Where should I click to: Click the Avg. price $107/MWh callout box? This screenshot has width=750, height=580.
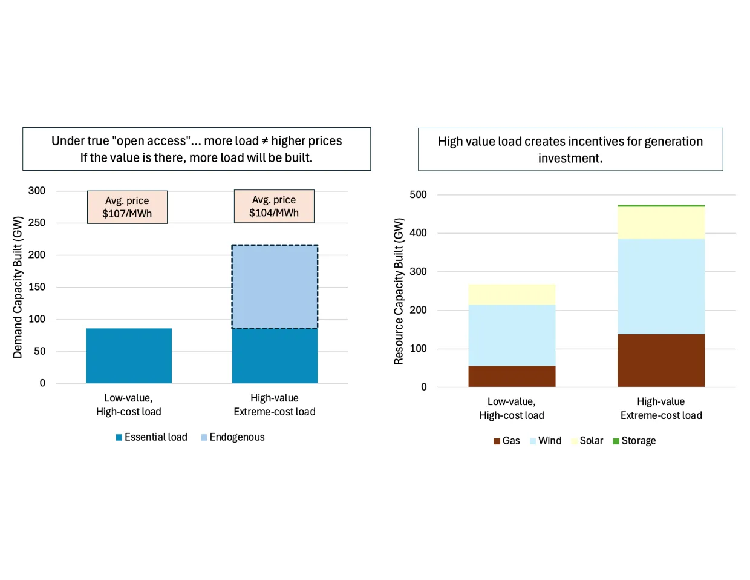point(127,207)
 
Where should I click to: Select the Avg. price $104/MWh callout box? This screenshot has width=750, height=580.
point(274,206)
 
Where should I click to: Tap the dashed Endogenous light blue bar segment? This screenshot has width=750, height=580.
point(275,286)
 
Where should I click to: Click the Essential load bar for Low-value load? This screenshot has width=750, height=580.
point(129,355)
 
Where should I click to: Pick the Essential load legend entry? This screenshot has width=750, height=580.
point(151,437)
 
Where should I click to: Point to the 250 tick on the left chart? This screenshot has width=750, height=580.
point(37,223)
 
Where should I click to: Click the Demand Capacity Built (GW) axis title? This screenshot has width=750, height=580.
point(18,287)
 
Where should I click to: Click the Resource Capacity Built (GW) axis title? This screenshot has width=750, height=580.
point(399,291)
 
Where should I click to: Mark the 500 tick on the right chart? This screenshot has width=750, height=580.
point(418,195)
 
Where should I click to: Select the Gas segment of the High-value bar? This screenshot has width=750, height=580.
point(661,360)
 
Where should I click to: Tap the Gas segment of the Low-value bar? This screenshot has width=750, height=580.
point(512,376)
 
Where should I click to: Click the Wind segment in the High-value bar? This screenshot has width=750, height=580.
point(661,286)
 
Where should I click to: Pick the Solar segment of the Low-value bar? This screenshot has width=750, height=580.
point(512,294)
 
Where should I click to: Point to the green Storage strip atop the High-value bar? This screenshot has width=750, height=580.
point(661,206)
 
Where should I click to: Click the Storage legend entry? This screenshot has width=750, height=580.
point(634,441)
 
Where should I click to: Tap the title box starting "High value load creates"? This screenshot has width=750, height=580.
point(570,150)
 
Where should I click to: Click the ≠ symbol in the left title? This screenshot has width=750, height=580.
point(264,141)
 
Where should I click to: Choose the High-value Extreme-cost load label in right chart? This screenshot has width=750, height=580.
point(661,409)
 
